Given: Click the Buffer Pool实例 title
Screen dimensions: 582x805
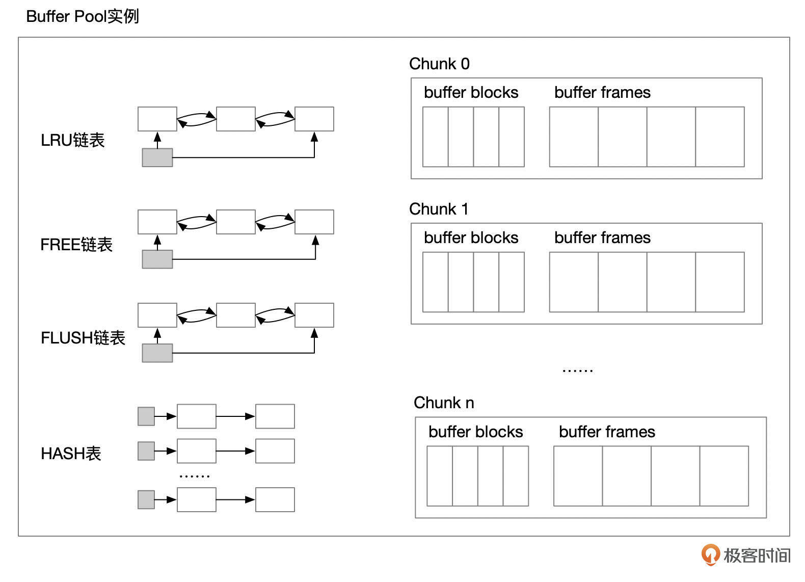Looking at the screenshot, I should click(82, 16).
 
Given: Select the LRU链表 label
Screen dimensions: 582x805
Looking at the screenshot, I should click(72, 140).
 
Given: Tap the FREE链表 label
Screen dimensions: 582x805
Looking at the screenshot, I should click(76, 245).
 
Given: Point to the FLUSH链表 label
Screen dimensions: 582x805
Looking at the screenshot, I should click(83, 338).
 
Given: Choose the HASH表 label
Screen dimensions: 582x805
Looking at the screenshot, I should click(71, 453).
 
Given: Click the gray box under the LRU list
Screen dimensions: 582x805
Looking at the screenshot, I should click(157, 157).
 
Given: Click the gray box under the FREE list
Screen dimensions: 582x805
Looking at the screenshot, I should click(157, 259).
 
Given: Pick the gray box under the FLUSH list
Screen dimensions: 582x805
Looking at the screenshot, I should click(157, 353).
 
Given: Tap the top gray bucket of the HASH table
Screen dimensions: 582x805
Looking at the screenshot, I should click(146, 416).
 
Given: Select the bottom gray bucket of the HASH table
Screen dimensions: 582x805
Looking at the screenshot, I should click(146, 499).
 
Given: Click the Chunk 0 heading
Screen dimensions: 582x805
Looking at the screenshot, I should click(439, 64).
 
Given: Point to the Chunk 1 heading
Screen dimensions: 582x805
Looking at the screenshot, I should click(439, 209).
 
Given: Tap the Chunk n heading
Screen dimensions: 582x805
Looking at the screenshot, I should click(444, 403).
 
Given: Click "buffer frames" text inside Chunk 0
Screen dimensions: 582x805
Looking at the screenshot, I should click(602, 92).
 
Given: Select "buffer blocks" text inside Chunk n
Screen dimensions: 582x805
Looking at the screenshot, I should click(475, 432).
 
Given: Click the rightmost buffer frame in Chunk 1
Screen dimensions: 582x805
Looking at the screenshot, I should click(719, 282).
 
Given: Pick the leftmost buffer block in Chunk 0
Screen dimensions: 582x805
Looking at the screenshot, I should click(436, 137).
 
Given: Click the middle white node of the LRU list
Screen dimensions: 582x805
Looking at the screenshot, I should click(236, 119).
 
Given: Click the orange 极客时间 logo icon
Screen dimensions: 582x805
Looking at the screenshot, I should click(710, 554).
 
